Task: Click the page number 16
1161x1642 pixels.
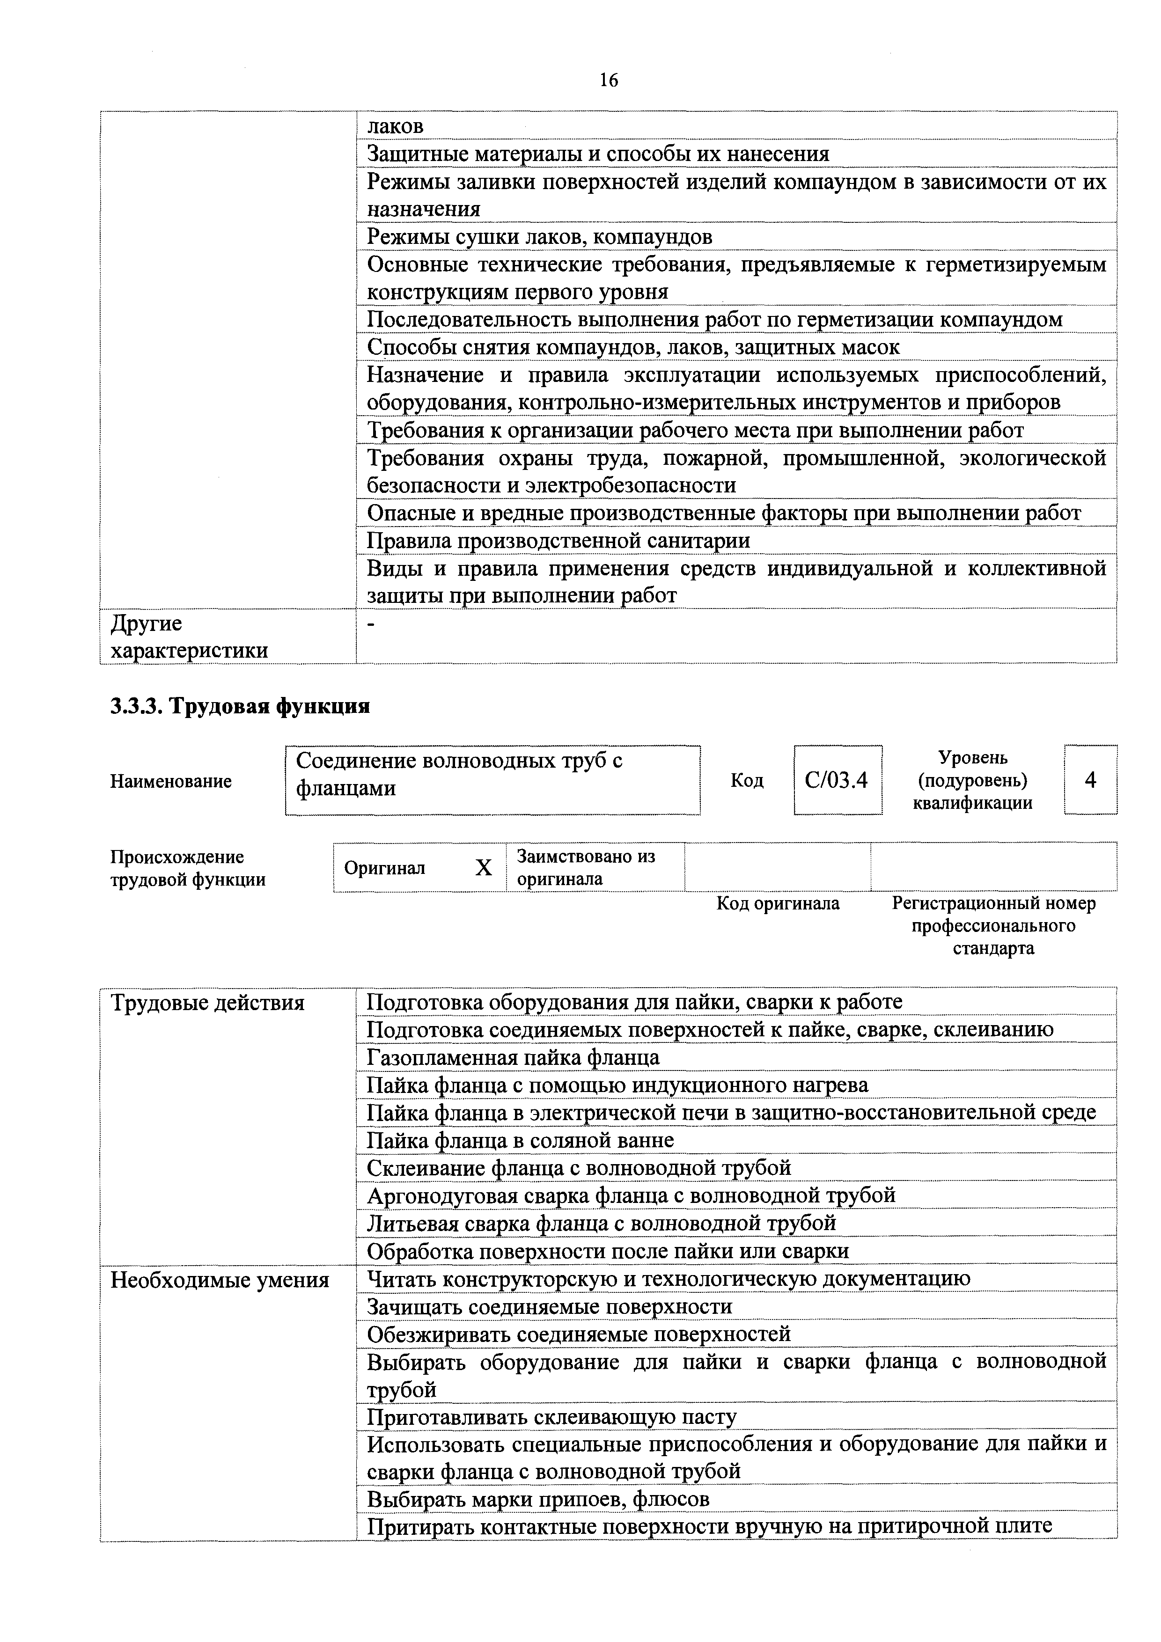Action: (609, 80)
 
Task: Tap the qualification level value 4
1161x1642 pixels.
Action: (1090, 779)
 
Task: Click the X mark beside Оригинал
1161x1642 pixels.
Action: (484, 867)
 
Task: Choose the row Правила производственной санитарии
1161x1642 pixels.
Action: (558, 540)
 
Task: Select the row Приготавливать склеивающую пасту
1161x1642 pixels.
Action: (551, 1417)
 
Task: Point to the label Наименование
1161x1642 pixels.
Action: (171, 781)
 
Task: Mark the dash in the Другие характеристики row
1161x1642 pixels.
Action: (370, 624)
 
